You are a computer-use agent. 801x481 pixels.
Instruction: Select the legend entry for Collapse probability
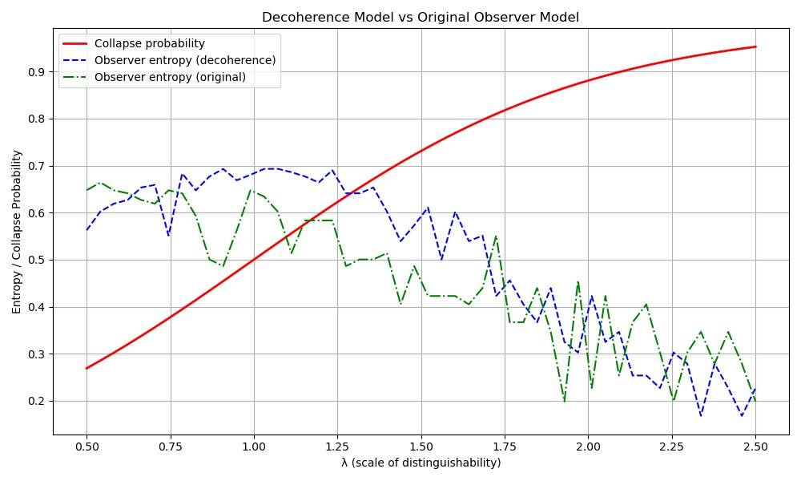(150, 43)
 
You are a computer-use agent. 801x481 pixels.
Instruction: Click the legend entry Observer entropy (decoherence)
(184, 60)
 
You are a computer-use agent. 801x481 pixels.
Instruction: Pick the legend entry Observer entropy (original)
(170, 77)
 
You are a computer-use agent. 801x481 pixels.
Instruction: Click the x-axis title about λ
(421, 463)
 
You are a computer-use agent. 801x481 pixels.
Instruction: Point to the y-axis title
(15, 231)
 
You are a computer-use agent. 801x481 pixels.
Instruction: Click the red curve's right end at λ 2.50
(755, 46)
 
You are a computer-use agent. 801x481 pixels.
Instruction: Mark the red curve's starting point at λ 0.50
(87, 368)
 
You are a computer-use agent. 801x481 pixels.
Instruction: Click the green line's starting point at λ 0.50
(87, 190)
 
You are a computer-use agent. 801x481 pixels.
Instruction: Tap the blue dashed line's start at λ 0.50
(87, 230)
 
